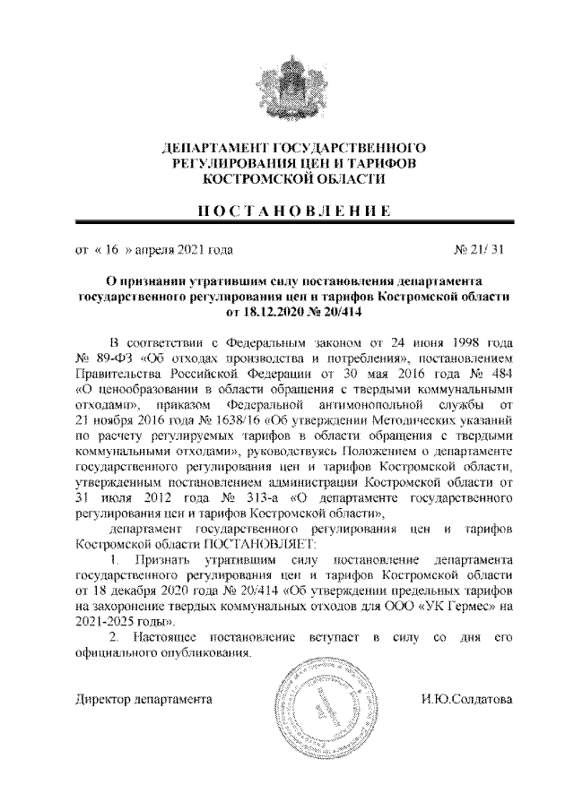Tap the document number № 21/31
pos(483,252)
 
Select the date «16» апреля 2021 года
pos(153,252)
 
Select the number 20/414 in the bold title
pos(343,314)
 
